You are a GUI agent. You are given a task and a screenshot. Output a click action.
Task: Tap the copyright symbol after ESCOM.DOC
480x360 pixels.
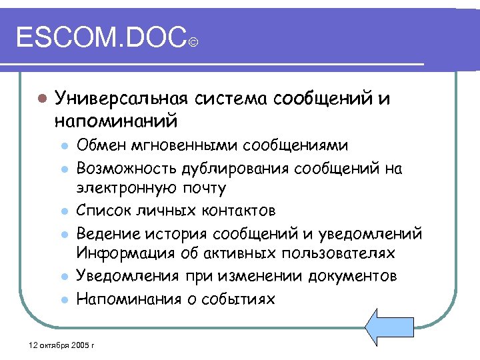[x=193, y=44]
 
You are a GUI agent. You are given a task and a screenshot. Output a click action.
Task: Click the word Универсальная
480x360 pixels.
[x=123, y=99]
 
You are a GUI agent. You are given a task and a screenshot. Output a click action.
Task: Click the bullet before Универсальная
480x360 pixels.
[x=41, y=99]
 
